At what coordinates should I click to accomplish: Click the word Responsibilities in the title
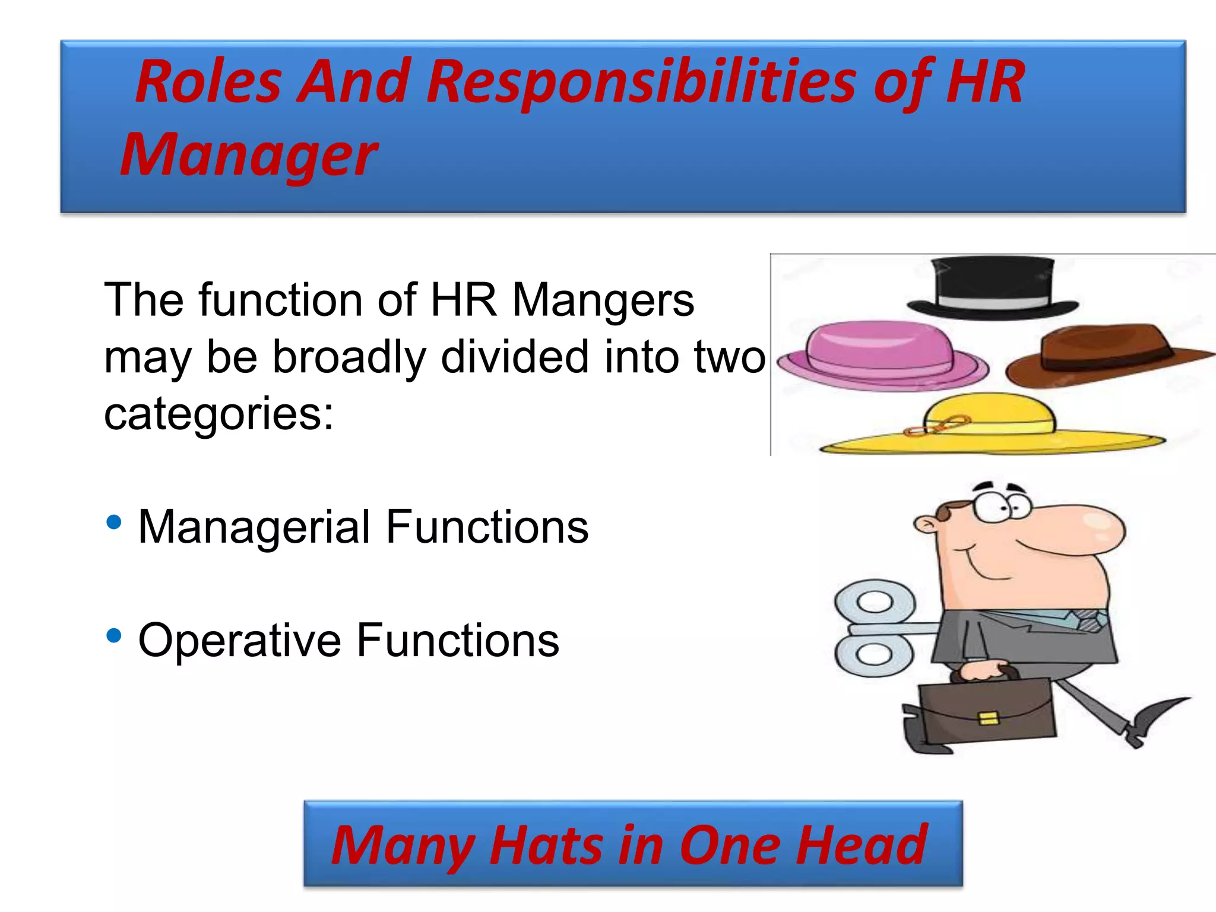click(641, 83)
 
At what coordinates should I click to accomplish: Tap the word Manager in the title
click(248, 156)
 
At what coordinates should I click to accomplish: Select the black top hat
click(993, 288)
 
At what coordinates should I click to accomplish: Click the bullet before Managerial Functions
click(113, 523)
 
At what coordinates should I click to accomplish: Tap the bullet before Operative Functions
click(113, 636)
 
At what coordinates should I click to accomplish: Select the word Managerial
click(254, 527)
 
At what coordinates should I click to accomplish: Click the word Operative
click(239, 641)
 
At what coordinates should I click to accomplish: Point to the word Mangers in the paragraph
click(602, 300)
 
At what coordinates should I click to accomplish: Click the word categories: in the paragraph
click(218, 414)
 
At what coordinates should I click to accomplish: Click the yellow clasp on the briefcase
click(988, 718)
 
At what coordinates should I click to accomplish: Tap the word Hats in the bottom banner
click(546, 845)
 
